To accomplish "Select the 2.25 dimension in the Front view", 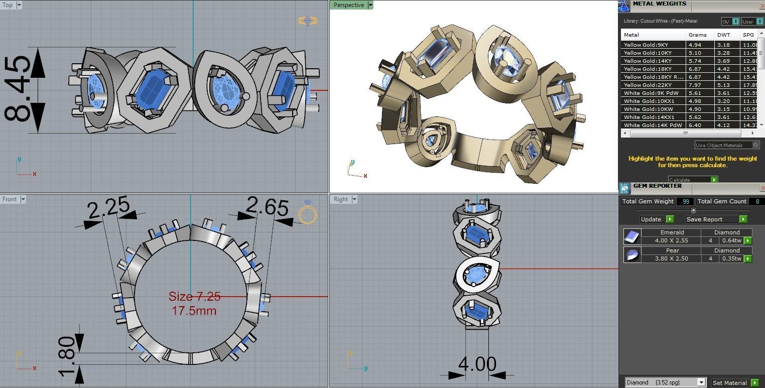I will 108,208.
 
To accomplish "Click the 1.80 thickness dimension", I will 67,356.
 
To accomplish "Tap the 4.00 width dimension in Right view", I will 477,364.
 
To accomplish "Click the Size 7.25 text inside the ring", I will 194,297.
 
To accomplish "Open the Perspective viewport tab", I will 349,5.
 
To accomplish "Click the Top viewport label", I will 8,5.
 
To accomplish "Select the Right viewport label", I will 341,199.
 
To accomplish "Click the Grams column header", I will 698,35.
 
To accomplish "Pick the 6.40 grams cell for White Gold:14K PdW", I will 695,125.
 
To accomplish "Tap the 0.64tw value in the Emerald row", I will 731,240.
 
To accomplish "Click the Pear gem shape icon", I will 632,254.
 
